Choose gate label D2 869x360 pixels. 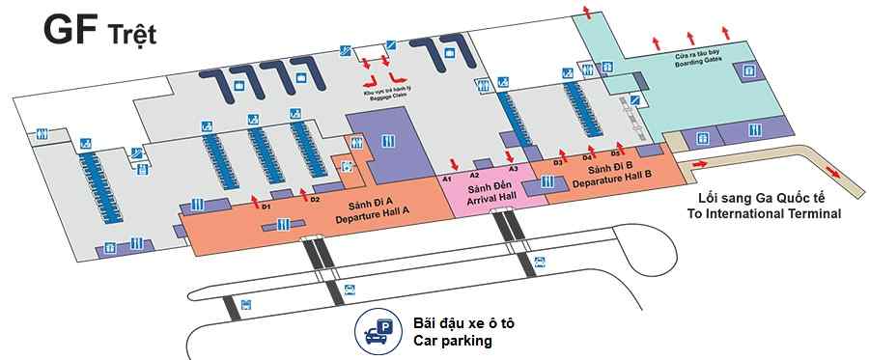pos(315,199)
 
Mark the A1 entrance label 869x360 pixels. pos(447,180)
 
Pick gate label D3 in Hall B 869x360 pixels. pos(558,162)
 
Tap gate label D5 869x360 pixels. pos(615,153)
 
